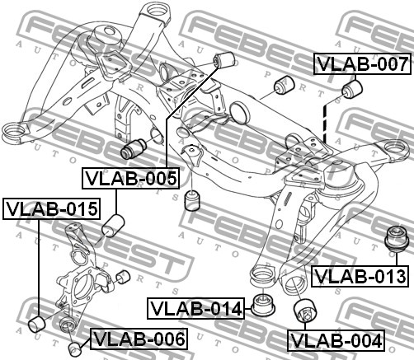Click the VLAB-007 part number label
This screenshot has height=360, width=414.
coord(362,64)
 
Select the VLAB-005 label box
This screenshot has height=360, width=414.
coord(130,178)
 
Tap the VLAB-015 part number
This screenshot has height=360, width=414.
coord(51,208)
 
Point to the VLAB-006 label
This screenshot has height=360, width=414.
coord(139,339)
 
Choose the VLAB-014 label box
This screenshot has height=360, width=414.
coord(195,308)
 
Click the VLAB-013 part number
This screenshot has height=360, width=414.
coord(360,276)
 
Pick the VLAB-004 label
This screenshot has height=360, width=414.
coord(336,341)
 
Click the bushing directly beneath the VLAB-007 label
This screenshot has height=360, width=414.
coord(352,90)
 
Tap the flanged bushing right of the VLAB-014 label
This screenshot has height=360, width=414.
coord(264,305)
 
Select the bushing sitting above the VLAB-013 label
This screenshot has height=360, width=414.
coord(396,238)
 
